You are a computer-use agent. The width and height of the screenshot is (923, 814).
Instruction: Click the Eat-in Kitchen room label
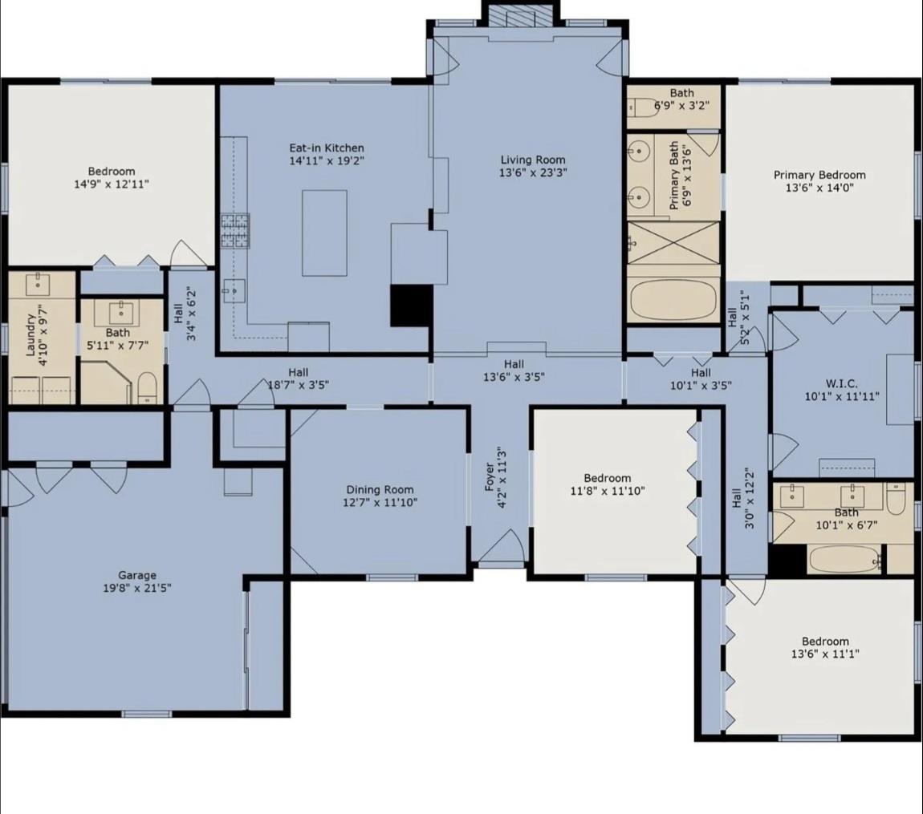tap(327, 148)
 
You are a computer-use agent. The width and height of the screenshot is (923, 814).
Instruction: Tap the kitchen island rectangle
tap(324, 233)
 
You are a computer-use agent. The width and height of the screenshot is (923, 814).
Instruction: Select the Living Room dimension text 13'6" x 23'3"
tap(533, 173)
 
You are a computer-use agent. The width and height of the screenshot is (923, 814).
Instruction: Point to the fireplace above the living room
tap(521, 17)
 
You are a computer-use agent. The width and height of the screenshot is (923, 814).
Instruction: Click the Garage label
tap(137, 575)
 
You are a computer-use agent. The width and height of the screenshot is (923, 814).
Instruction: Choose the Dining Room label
tap(380, 490)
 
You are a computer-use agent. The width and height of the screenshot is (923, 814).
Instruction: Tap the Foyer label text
tap(490, 477)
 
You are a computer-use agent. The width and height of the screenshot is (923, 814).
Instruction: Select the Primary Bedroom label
tap(819, 176)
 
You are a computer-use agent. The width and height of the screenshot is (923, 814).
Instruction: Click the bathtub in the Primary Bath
tap(673, 300)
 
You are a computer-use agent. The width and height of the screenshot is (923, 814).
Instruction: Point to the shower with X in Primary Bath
tap(673, 242)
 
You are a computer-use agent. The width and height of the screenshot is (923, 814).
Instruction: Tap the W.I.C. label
tap(842, 383)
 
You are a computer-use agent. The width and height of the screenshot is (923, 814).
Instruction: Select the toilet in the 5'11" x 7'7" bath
tap(147, 387)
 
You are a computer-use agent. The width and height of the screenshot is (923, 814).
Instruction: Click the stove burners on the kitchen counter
tap(235, 230)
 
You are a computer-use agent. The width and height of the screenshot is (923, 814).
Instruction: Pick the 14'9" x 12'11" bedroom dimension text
tap(112, 184)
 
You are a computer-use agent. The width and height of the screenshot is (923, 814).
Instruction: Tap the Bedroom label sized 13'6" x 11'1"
tap(825, 641)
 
